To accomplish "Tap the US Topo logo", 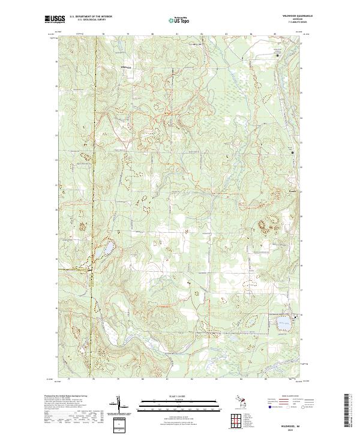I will click(x=180, y=20).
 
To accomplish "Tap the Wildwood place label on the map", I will click(x=126, y=67).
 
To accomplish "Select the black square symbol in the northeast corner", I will click(x=278, y=55).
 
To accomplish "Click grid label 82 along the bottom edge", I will click(x=192, y=379).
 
